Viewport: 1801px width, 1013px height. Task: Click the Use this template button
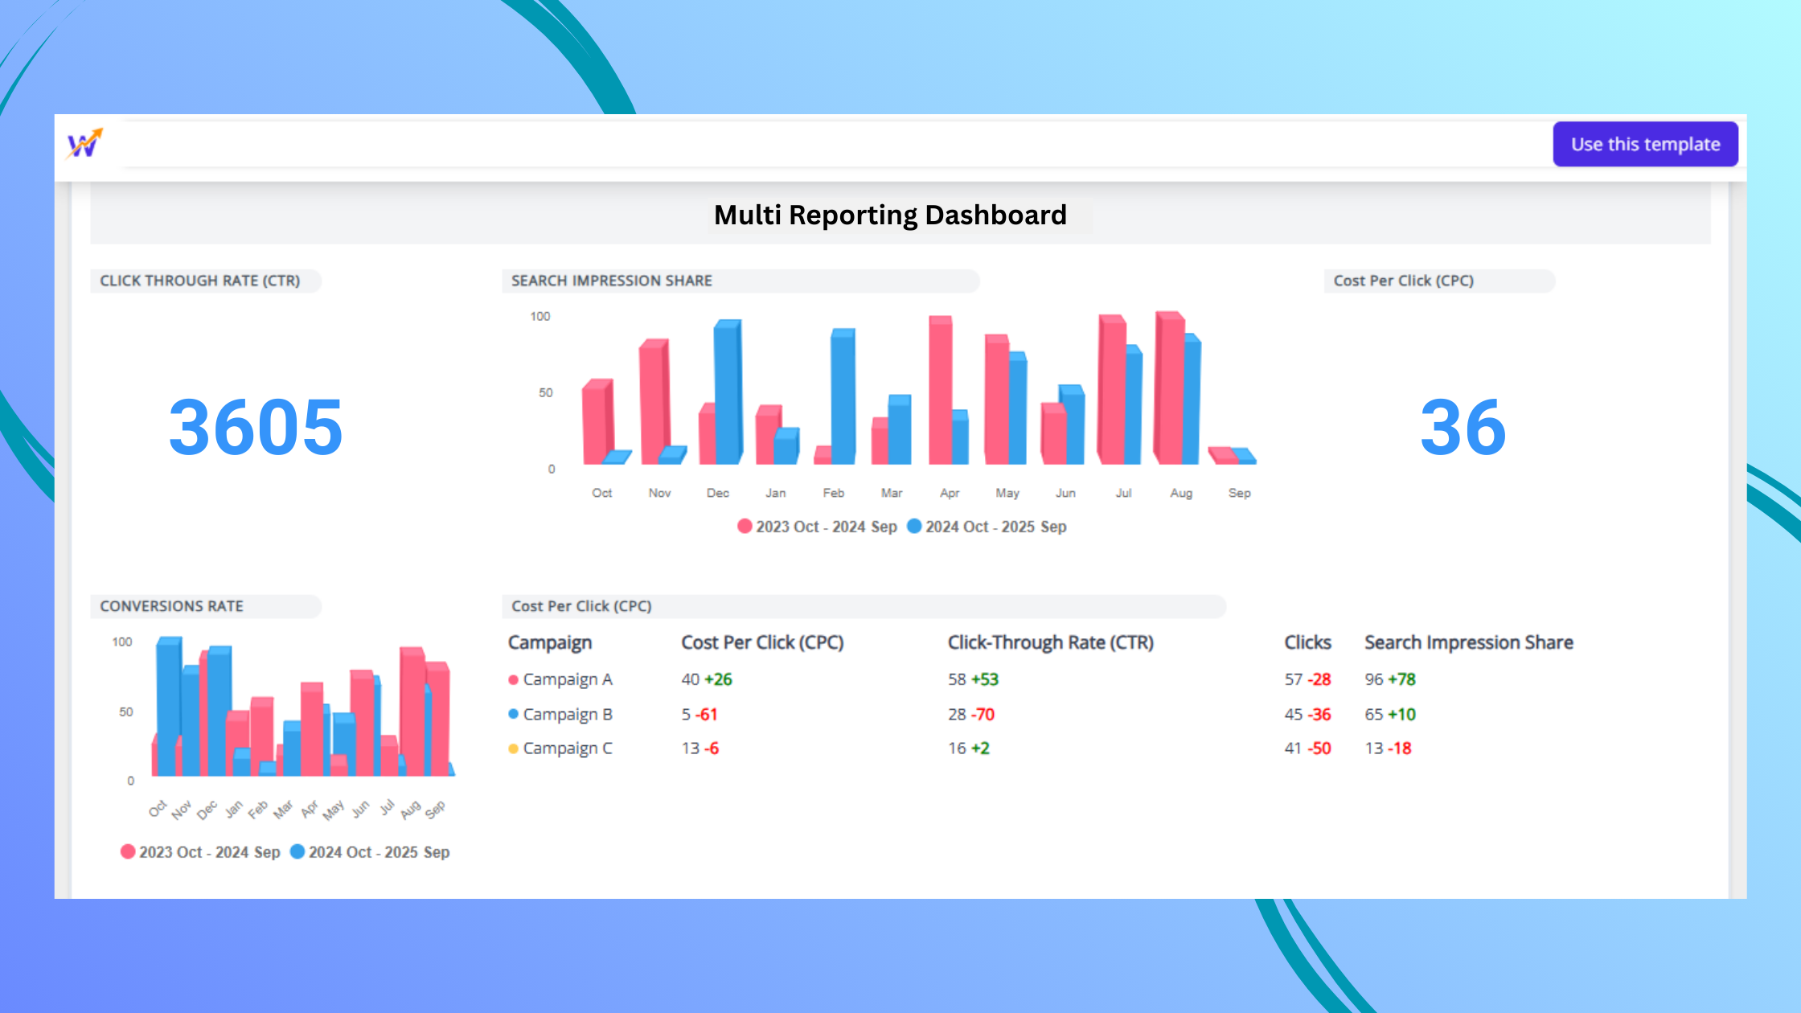tap(1645, 145)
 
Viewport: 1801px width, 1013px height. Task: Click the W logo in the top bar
tap(84, 145)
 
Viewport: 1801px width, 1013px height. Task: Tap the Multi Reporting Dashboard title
tap(890, 215)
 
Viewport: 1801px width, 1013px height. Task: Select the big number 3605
tap(256, 427)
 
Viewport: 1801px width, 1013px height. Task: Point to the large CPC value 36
tap(1463, 427)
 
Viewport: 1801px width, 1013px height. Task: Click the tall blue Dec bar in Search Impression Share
tap(727, 394)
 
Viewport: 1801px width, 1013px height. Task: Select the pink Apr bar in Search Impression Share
tap(940, 390)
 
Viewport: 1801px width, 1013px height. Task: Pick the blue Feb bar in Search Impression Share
tap(843, 398)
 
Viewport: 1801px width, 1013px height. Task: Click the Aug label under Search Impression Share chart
tap(1181, 493)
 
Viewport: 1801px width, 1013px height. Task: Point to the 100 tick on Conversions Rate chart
tap(122, 642)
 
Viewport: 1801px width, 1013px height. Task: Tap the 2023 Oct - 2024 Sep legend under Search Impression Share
tap(818, 527)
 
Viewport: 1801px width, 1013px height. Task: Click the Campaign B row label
tap(568, 714)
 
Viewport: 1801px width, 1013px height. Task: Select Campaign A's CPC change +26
tap(718, 679)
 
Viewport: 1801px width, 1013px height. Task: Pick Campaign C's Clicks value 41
tap(1293, 748)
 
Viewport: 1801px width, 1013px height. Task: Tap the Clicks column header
tap(1307, 642)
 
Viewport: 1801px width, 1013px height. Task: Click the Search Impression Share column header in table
tap(1468, 642)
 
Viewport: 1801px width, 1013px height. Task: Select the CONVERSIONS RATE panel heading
tap(171, 606)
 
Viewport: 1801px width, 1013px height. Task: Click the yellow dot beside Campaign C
tap(513, 748)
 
